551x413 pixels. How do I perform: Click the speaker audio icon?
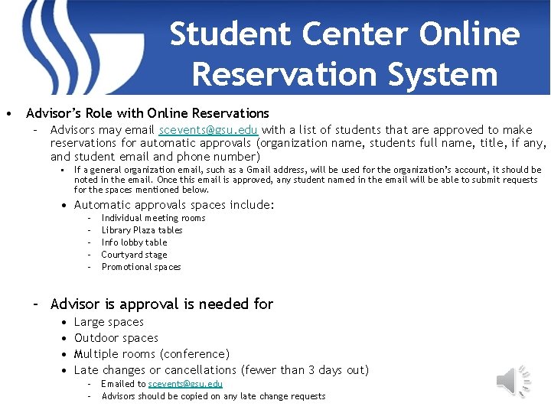514,379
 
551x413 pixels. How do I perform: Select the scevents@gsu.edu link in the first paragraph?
208,130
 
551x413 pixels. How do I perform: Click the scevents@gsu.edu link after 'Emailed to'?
185,384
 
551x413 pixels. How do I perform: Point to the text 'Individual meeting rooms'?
153,218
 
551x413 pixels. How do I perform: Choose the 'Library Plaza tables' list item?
142,230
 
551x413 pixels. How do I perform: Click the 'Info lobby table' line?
134,242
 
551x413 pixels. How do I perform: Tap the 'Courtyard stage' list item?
134,255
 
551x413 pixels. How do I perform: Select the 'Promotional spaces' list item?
141,267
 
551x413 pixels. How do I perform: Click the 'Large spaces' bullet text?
109,322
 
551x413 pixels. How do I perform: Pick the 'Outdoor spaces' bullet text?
116,338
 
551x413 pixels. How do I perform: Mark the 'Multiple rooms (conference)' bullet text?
152,354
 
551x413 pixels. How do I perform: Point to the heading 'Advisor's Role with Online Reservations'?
148,113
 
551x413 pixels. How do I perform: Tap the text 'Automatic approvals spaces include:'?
174,205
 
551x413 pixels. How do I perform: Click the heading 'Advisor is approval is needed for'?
161,304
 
